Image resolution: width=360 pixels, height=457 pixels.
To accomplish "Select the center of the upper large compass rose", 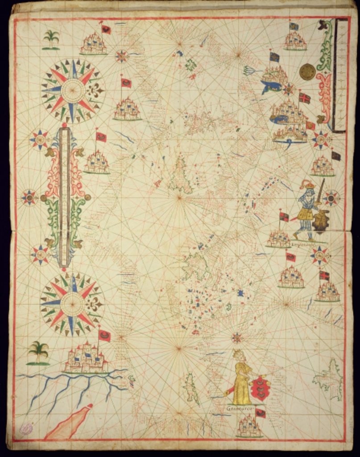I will pyautogui.click(x=73, y=91).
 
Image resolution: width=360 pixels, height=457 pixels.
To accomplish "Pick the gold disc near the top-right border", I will pyautogui.click(x=307, y=71).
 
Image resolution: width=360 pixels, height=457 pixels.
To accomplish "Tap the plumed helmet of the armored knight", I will pyautogui.click(x=308, y=184).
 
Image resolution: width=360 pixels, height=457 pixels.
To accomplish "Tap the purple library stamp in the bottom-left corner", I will pyautogui.click(x=26, y=429).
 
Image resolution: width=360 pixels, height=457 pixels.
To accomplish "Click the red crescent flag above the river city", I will pyautogui.click(x=105, y=335).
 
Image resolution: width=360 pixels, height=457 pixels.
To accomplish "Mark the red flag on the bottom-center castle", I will pyautogui.click(x=261, y=413).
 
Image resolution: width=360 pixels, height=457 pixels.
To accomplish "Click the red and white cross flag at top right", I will pyautogui.click(x=305, y=98).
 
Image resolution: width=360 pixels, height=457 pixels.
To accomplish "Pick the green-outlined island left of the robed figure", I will pyautogui.click(x=192, y=388).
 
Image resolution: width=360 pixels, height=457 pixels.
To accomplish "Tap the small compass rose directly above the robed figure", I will pyautogui.click(x=237, y=338).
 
